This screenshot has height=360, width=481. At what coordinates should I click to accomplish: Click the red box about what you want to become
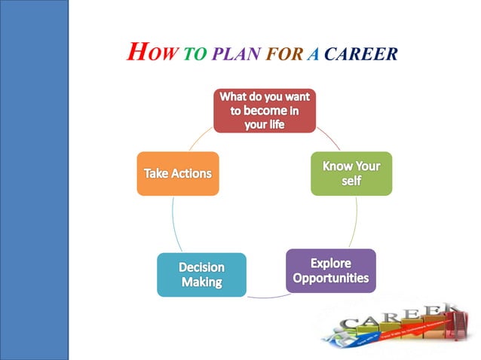click(264, 111)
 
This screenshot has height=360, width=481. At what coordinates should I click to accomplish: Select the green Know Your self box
click(351, 173)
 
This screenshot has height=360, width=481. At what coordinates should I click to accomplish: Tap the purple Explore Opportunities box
click(330, 270)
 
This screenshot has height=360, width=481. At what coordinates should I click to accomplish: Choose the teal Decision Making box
click(201, 274)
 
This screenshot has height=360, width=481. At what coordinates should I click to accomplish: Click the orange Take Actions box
click(178, 173)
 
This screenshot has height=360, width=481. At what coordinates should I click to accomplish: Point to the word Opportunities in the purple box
click(330, 279)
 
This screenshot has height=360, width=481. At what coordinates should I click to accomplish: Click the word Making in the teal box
click(201, 283)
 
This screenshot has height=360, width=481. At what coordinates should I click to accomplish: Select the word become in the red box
click(259, 111)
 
